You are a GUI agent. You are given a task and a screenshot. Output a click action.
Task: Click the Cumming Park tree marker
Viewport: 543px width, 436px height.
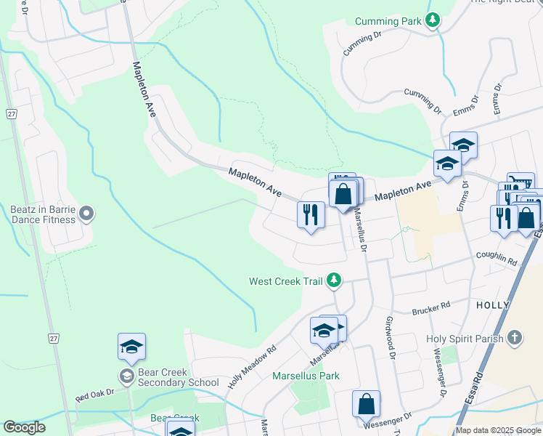point(433,20)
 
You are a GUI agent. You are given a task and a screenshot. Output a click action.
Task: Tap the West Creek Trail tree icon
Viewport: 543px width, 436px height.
point(334,280)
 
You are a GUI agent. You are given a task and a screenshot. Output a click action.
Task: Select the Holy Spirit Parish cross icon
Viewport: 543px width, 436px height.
point(514,338)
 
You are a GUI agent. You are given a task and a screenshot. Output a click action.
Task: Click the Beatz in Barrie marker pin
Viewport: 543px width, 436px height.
point(86,213)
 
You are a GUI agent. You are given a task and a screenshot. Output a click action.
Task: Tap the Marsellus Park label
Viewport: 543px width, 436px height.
point(306,376)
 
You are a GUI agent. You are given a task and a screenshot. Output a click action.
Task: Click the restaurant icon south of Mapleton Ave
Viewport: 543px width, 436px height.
point(311,214)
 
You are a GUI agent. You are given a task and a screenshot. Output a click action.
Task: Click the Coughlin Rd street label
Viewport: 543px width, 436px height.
point(496,259)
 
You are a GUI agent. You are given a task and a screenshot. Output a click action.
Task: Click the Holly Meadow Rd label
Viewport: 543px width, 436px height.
point(252,365)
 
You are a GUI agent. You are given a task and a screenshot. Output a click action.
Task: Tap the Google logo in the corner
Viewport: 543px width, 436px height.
point(24,427)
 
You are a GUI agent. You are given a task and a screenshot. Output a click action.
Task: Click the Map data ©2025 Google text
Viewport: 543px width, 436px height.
point(497,430)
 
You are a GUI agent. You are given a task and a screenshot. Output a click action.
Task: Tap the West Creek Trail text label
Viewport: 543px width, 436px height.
point(285,281)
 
